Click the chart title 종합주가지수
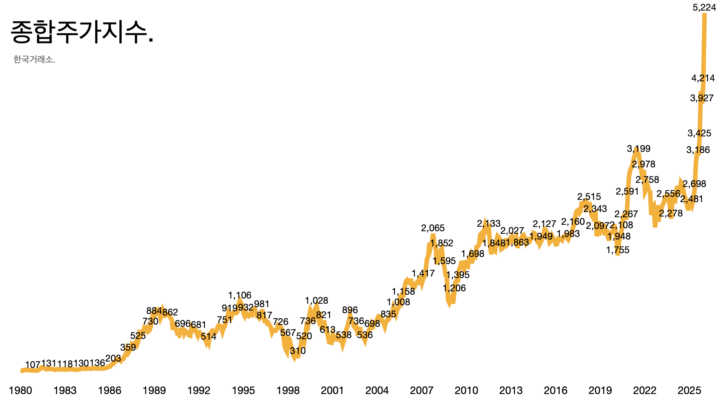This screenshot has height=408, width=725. click(82, 32)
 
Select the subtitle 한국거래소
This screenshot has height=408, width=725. click(34, 59)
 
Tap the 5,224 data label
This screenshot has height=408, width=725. click(704, 8)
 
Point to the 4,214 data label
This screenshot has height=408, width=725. click(703, 78)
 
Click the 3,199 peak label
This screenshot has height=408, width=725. click(639, 149)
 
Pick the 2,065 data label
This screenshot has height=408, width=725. click(433, 228)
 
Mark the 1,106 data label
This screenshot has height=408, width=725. click(239, 295)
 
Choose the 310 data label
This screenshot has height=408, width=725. click(298, 351)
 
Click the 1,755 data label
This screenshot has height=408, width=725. click(617, 250)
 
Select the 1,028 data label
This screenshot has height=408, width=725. click(316, 301)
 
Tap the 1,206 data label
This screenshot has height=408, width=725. click(454, 288)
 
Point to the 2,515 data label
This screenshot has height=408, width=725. click(589, 197)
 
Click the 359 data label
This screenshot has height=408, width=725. click(128, 348)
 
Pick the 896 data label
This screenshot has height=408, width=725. click(350, 310)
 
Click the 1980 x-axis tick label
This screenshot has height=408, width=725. click(20, 391)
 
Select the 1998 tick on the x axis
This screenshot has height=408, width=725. click(288, 391)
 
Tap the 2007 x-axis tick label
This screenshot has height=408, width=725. click(421, 391)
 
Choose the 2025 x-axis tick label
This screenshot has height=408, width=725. click(689, 391)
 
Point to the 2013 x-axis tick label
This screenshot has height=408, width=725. click(511, 391)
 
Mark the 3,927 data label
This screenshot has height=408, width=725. click(702, 98)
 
